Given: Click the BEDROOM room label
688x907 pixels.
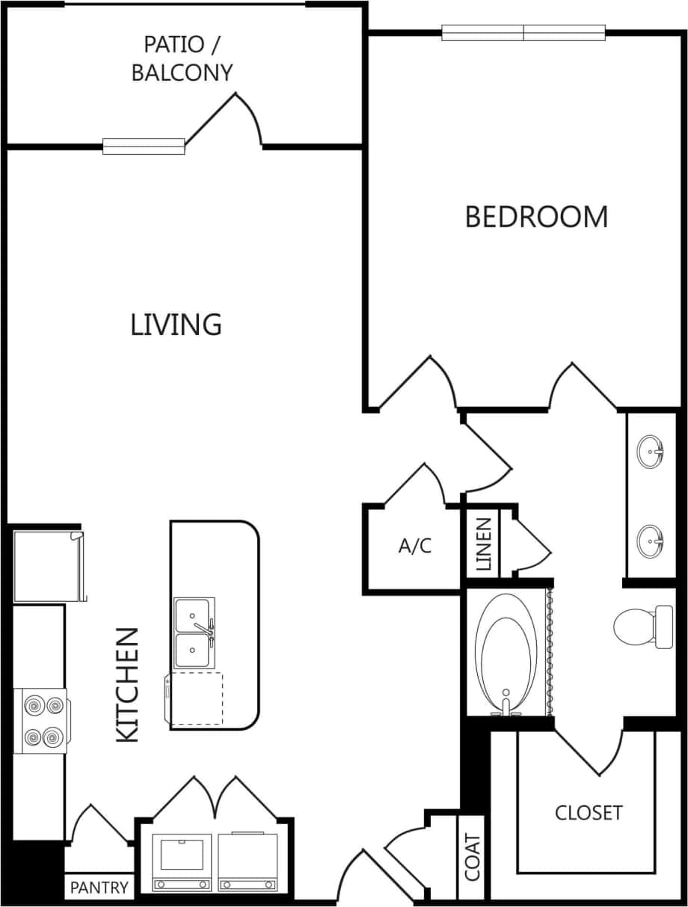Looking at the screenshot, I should click(x=536, y=217).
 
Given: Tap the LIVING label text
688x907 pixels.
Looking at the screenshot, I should click(x=176, y=325).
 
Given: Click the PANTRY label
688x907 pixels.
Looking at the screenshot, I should click(x=99, y=888).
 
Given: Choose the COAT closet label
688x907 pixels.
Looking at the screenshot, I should click(x=472, y=858).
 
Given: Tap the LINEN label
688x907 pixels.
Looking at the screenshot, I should click(x=483, y=544).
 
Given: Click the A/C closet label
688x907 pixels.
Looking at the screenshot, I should click(x=414, y=547).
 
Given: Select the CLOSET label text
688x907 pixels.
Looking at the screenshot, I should click(x=589, y=813).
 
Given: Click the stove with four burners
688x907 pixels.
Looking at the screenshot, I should click(x=42, y=721).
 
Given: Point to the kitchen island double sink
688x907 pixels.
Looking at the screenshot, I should click(x=194, y=633).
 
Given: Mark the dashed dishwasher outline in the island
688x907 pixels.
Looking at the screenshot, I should click(x=197, y=698).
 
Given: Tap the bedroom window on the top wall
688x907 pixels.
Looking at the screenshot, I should click(x=523, y=33).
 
